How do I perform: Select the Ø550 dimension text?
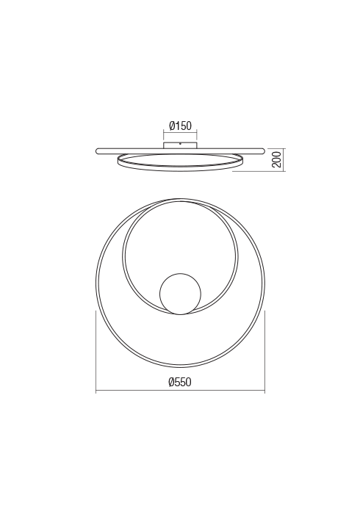(180, 381)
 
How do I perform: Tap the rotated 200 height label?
(276, 160)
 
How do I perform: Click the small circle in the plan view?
(179, 294)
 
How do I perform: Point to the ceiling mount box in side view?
(180, 144)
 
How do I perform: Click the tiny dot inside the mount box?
(180, 144)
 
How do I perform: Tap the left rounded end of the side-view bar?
(98, 151)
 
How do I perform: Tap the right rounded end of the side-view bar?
(262, 151)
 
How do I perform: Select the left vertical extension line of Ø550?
(97, 352)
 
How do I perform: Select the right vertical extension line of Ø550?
(264, 352)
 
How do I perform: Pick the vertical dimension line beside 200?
(283, 160)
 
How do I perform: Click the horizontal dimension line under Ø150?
(180, 132)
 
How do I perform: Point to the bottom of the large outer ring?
(180, 366)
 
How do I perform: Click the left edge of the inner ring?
(123, 257)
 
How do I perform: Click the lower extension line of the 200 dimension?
(257, 171)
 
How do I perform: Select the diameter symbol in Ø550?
(171, 381)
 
